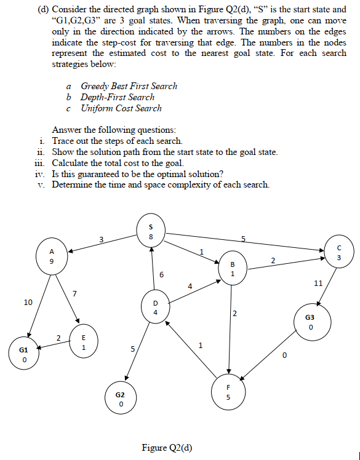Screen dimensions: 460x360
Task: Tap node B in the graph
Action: click(x=233, y=269)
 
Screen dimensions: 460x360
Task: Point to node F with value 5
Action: click(x=228, y=391)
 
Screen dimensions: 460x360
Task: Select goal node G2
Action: click(x=121, y=398)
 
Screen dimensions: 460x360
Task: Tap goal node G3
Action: click(x=312, y=322)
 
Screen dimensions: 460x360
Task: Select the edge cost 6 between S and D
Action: click(x=161, y=274)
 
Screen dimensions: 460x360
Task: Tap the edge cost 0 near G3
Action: click(x=284, y=356)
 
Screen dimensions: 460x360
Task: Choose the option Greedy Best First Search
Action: click(x=129, y=86)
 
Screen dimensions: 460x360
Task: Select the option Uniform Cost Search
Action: click(x=121, y=108)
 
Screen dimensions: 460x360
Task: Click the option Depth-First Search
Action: click(x=118, y=97)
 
